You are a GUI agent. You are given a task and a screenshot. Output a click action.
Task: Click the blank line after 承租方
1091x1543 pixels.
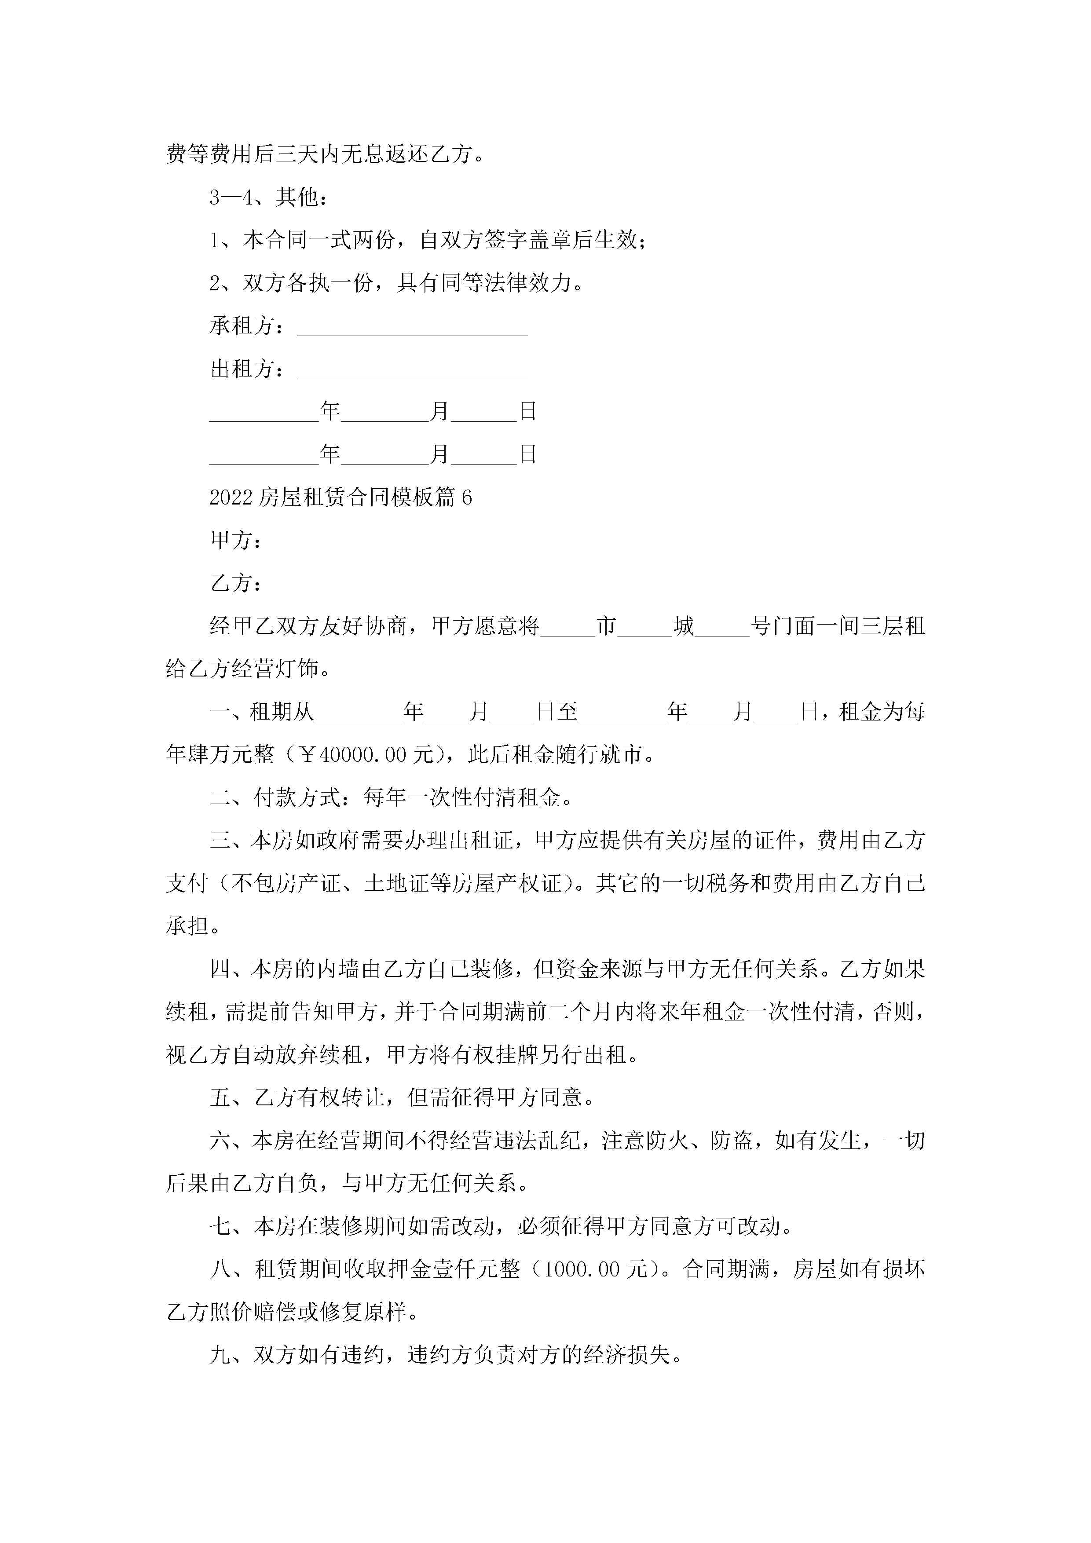pos(412,329)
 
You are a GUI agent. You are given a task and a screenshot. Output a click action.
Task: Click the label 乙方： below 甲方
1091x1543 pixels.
pos(235,583)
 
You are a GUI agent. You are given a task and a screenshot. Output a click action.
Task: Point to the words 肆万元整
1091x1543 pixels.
pos(231,755)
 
